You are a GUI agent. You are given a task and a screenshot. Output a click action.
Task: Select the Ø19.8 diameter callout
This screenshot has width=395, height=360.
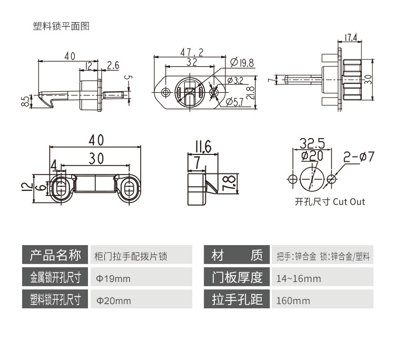click(243, 63)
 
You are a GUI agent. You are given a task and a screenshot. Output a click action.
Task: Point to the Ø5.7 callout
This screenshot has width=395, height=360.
click(236, 102)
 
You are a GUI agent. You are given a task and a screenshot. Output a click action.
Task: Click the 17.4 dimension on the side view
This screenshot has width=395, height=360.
click(351, 37)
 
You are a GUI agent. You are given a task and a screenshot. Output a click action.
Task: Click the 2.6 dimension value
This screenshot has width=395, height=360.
click(113, 65)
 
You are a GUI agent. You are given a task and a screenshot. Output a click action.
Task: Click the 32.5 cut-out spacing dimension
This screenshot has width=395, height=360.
click(312, 143)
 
